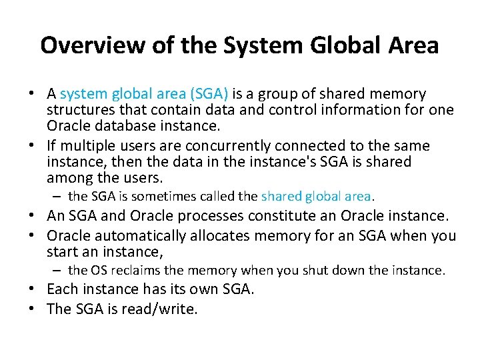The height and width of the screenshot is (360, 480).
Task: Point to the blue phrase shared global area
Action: pos(316,196)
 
